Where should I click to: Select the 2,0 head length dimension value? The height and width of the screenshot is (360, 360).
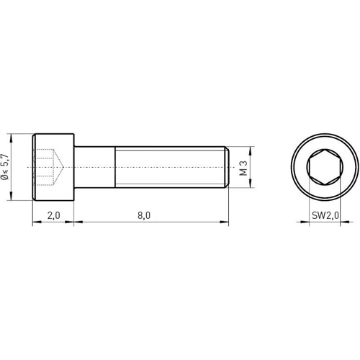tap(53, 215)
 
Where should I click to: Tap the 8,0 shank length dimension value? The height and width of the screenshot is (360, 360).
tap(143, 215)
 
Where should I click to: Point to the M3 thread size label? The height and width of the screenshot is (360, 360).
tap(244, 168)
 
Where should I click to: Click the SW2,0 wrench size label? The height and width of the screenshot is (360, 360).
tap(325, 215)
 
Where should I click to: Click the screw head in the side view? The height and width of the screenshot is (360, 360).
tap(54, 168)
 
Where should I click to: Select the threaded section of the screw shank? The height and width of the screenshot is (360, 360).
tap(169, 168)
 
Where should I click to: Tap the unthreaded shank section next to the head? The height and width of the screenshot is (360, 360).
tap(96, 168)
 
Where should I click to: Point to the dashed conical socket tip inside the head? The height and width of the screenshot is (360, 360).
tap(63, 168)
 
